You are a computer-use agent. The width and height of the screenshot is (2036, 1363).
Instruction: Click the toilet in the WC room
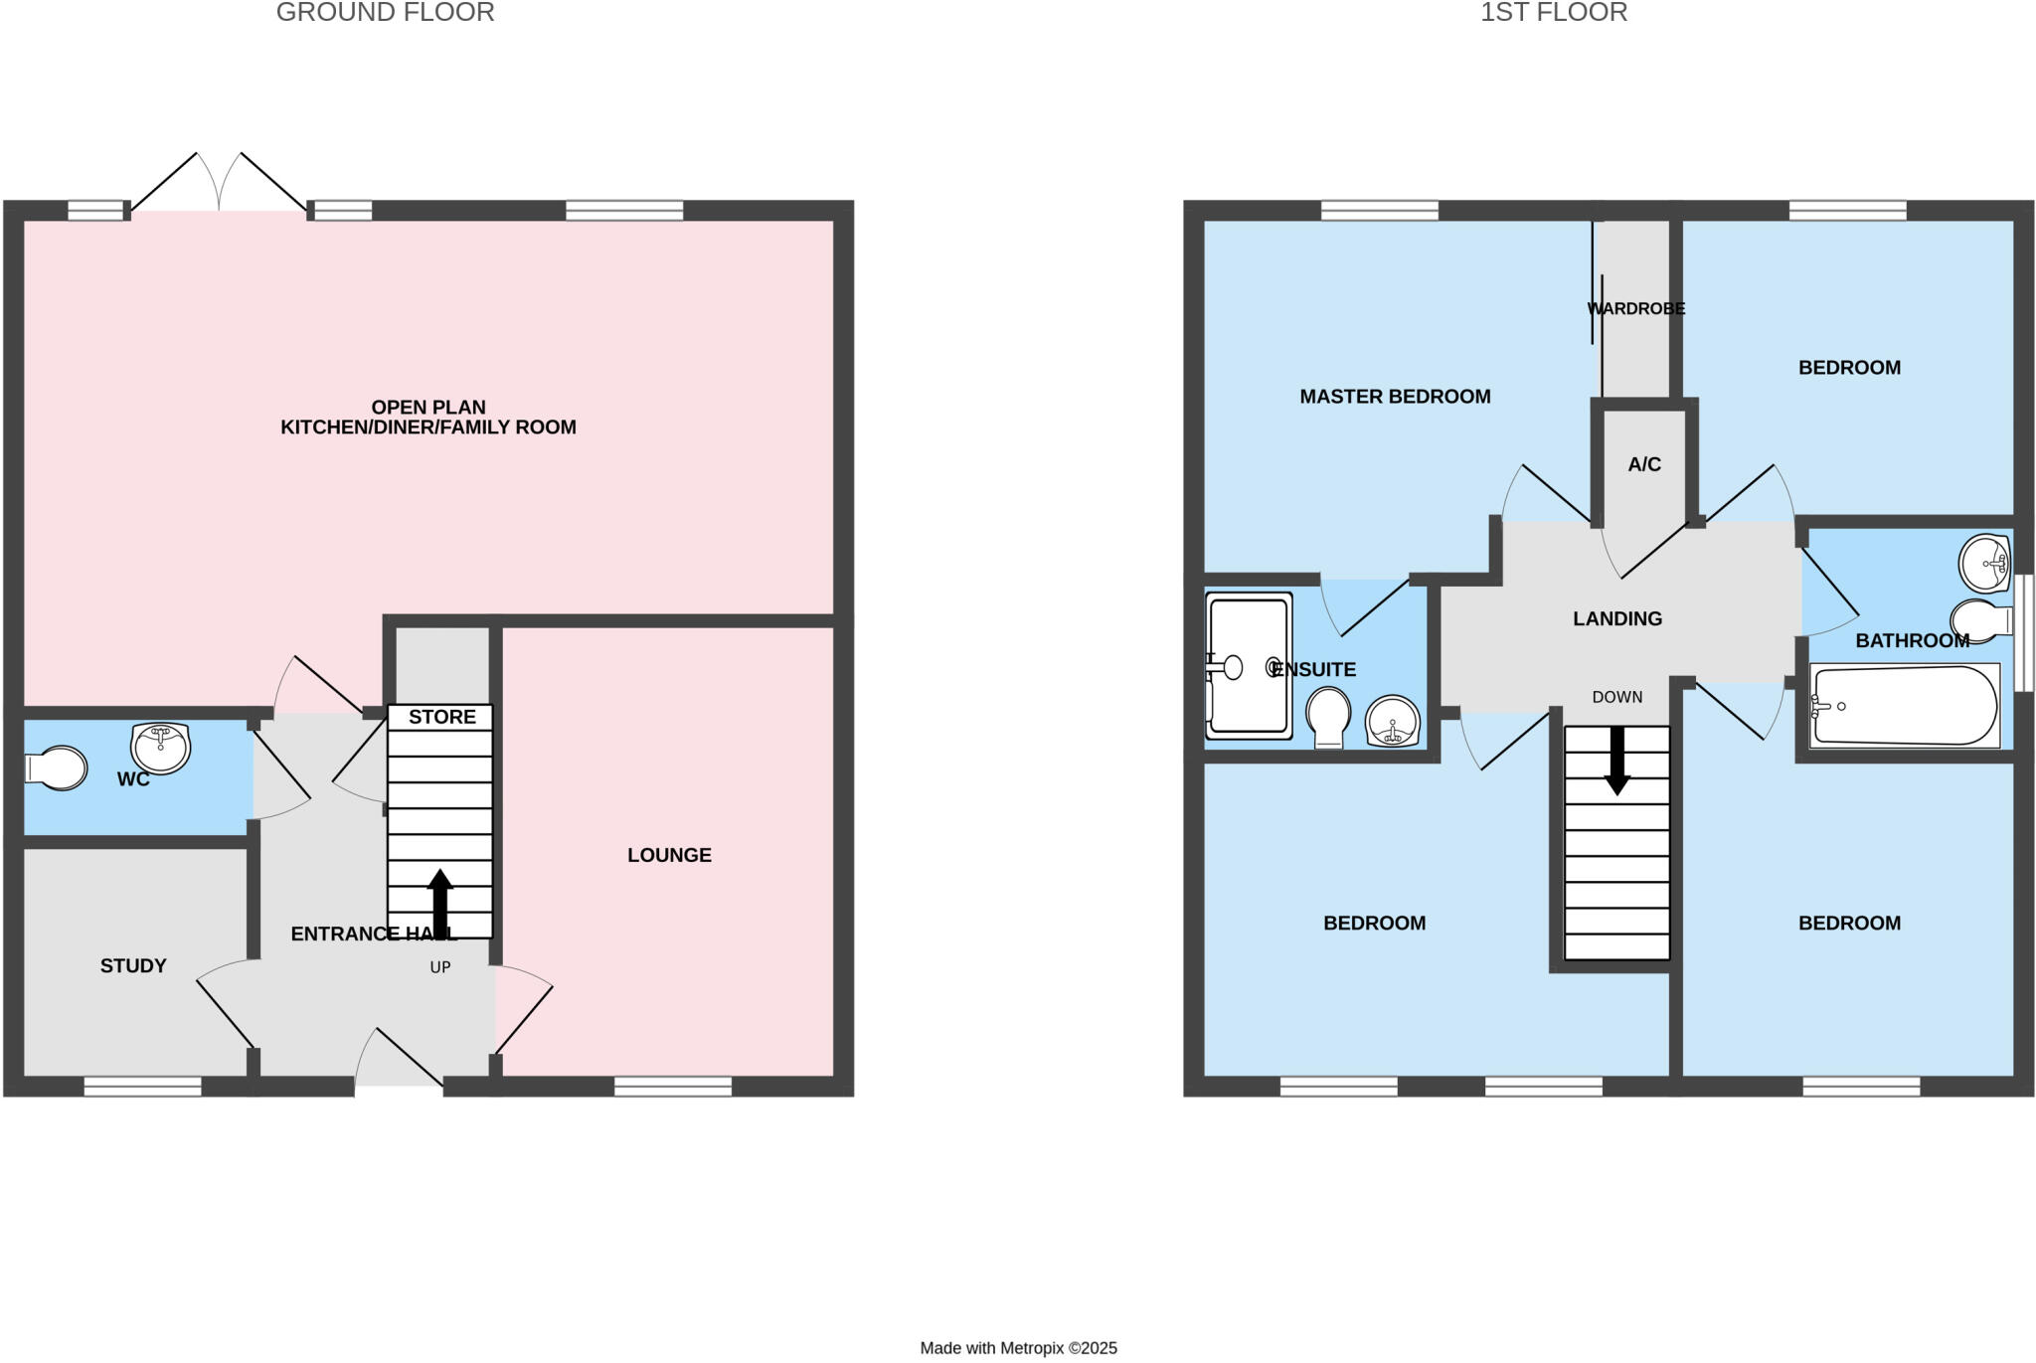coord(58,767)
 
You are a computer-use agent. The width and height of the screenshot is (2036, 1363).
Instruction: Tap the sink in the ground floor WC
coord(160,748)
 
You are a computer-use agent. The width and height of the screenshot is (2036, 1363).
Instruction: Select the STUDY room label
coord(133,965)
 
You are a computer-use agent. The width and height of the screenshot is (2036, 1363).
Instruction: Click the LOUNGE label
coord(669,855)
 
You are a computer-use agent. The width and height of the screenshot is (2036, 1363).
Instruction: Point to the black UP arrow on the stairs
coord(439,902)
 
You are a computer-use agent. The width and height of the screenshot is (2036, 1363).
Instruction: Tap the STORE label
coord(441,717)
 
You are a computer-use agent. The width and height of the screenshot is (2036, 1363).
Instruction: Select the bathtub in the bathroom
coord(1903,706)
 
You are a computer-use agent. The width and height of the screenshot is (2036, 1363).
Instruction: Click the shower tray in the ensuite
coord(1249,666)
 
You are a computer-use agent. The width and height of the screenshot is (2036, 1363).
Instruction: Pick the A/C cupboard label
coord(1644,464)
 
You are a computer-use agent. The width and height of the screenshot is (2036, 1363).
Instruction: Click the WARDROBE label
coord(1635,308)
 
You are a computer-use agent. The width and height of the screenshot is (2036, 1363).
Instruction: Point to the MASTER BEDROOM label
coord(1395,397)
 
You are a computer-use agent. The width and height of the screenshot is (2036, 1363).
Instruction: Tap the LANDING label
coord(1617,618)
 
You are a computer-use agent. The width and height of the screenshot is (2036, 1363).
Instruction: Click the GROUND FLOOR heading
coord(385,13)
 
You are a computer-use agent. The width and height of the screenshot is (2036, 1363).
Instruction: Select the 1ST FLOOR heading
coord(1554,13)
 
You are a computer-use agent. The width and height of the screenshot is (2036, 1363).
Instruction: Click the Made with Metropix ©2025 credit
coord(1018,1348)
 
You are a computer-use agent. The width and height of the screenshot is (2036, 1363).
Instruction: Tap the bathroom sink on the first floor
coord(1984,564)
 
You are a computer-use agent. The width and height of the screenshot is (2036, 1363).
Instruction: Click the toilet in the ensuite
coord(1328,718)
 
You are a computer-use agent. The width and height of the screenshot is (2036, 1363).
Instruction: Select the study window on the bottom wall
coord(142,1088)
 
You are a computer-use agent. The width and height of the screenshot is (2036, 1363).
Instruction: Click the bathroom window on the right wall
coord(2024,632)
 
